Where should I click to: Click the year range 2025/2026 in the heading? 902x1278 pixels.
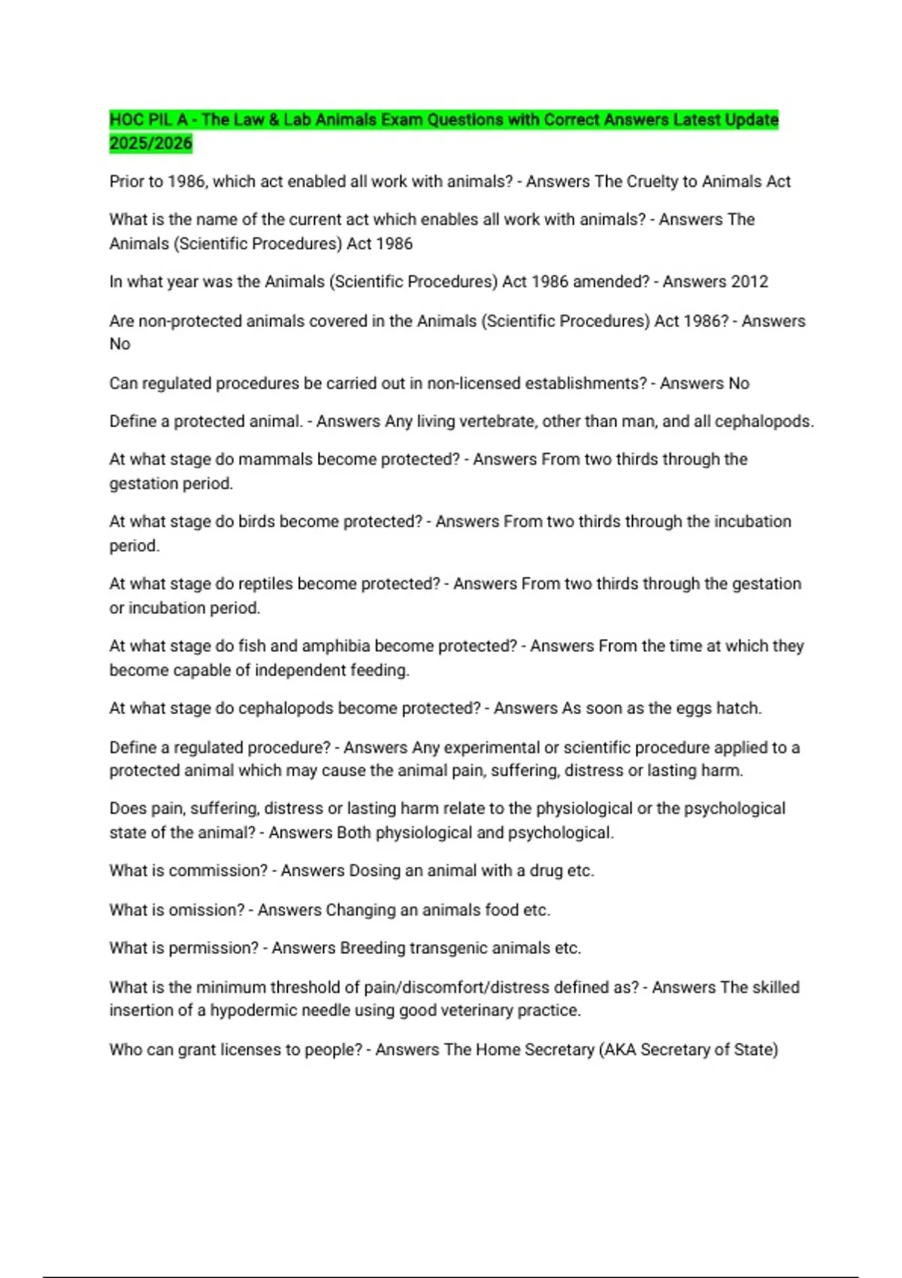click(x=150, y=144)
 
